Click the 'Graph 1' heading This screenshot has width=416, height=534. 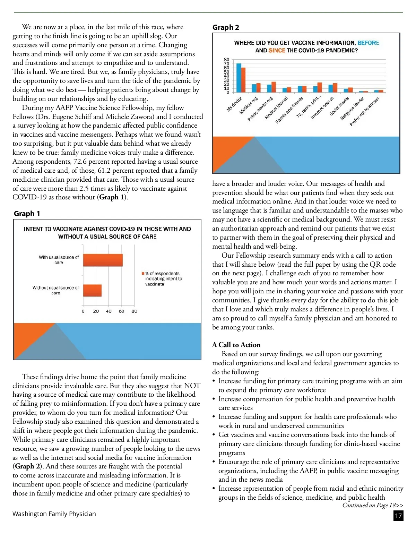click(x=27, y=214)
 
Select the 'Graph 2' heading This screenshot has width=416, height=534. click(x=226, y=27)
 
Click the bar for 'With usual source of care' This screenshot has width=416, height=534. click(x=103, y=260)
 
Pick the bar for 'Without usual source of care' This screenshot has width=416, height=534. click(x=92, y=291)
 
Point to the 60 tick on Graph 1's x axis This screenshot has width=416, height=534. click(x=121, y=311)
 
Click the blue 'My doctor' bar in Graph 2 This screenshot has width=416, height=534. click(x=239, y=78)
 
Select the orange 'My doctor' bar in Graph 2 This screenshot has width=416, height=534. click(x=243, y=80)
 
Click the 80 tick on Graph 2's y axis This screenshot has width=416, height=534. click(x=226, y=60)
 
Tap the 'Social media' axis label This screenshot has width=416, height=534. click(x=339, y=106)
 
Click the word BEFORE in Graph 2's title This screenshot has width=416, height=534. click(x=368, y=43)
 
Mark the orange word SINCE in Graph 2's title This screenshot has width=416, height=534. click(x=277, y=51)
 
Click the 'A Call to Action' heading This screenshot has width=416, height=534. click(x=236, y=345)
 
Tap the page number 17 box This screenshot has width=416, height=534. click(x=399, y=516)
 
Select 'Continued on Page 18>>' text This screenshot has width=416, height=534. click(x=373, y=506)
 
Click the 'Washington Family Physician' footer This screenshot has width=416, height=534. click(x=54, y=514)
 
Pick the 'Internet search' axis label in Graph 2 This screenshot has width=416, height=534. click(x=322, y=108)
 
